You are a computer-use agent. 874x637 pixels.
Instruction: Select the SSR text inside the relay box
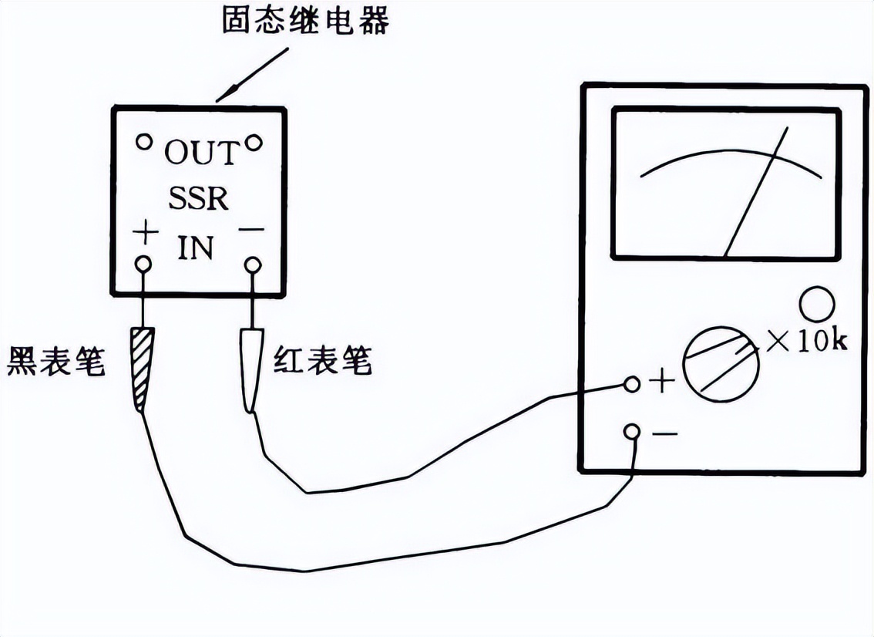pos(199,199)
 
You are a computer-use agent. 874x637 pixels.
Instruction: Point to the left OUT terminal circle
pos(143,142)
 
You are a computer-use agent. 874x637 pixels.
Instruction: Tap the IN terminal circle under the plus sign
pos(143,265)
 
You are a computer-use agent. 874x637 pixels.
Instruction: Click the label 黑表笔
pos(55,360)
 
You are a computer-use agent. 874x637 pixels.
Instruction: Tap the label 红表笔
pos(323,360)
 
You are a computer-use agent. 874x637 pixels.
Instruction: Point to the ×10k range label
pos(805,342)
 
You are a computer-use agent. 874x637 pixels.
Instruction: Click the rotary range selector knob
pos(720,362)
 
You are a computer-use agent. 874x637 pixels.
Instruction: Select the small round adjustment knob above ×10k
pos(817,305)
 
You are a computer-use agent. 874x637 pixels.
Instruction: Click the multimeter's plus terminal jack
pos(632,383)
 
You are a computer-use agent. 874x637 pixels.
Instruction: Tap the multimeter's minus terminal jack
pos(632,431)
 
